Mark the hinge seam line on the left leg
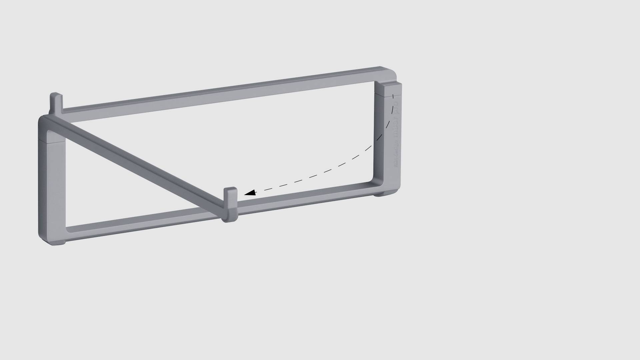tap(52, 140)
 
